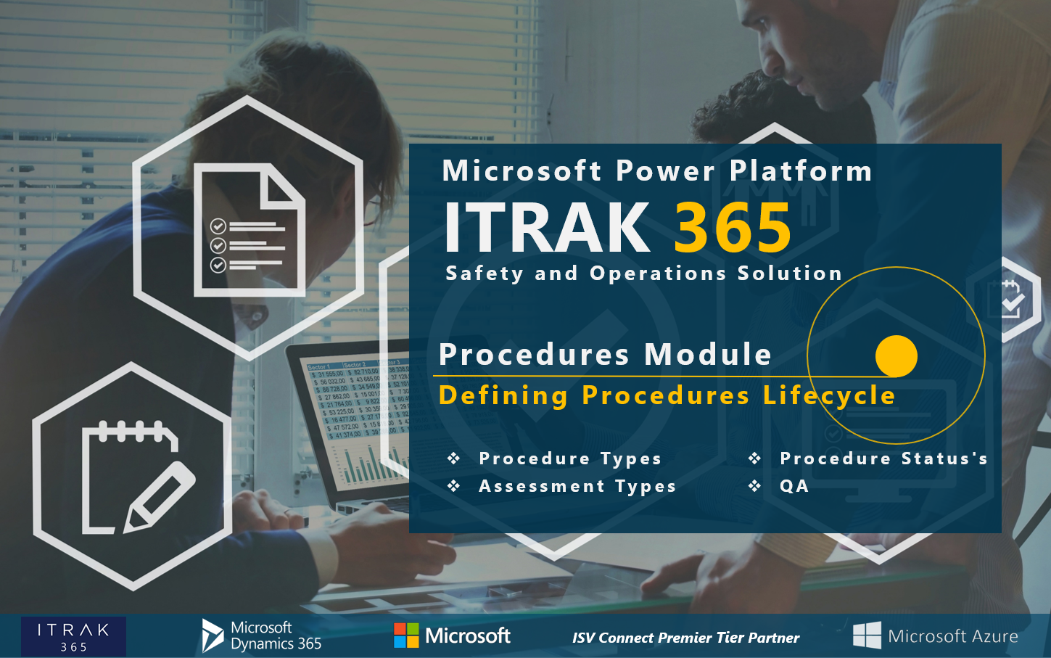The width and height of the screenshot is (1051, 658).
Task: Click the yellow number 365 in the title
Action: pos(733,228)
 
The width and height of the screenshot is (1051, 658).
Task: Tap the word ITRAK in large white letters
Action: pos(548,228)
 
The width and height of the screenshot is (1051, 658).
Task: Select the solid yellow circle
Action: pos(897,356)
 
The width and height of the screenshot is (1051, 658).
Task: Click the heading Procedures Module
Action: pos(606,355)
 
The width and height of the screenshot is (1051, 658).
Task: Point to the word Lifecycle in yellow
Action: pos(829,395)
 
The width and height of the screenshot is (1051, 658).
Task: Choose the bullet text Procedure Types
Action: pos(570,458)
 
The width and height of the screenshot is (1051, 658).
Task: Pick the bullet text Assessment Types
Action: pos(577,486)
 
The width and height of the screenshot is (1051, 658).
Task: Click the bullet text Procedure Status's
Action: pos(883,458)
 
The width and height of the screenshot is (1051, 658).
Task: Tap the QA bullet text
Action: pos(794,486)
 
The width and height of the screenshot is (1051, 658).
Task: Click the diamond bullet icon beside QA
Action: pos(755,486)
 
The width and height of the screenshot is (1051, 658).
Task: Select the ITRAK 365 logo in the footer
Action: pos(73,636)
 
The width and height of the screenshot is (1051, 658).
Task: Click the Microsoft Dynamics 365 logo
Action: pos(262,636)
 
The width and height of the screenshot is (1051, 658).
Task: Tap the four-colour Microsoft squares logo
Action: pos(406,636)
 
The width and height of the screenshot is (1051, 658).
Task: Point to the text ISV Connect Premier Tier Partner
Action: pos(685,638)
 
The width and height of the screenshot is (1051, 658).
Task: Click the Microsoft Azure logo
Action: pos(936,636)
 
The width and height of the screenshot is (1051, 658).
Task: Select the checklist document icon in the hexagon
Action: pos(249,230)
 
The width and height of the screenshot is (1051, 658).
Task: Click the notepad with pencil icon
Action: pos(134,477)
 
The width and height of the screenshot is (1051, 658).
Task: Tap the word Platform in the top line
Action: pos(801,171)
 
